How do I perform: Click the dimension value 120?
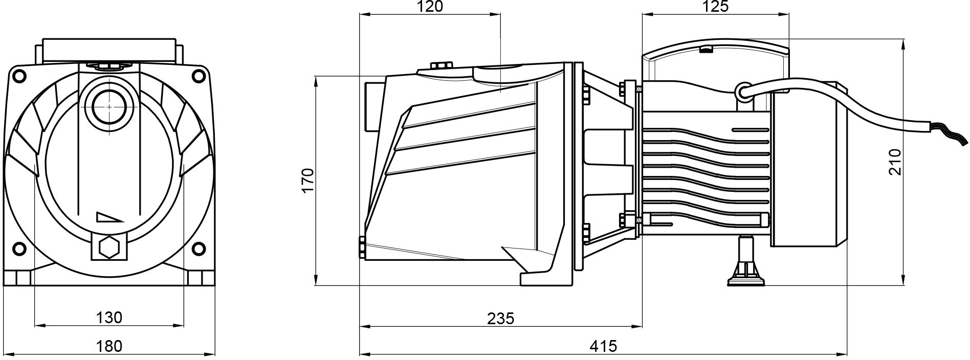point(429,7)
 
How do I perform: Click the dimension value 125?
point(715,7)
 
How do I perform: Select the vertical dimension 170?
point(307,180)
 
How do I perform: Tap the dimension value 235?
point(500,319)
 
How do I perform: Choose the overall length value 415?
point(603,346)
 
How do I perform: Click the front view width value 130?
point(109,318)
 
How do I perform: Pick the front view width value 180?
point(109,346)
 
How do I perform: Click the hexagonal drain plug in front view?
point(108,248)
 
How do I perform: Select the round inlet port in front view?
point(108,106)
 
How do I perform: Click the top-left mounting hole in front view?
point(19,75)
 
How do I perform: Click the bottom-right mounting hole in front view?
point(197,249)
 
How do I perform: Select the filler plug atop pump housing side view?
point(442,66)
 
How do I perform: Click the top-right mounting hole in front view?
point(197,75)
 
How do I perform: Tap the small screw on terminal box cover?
point(706,50)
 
